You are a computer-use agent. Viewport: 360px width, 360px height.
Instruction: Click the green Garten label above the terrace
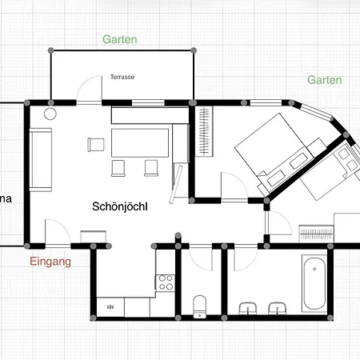(x=119, y=38)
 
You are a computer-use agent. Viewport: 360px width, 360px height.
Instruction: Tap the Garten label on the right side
(x=324, y=80)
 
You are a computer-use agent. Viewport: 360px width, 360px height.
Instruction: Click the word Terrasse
(x=122, y=78)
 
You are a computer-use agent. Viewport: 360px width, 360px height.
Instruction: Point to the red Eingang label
(x=51, y=262)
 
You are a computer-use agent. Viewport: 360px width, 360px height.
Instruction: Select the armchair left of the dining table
(x=95, y=145)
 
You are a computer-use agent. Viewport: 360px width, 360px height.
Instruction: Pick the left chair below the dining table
(x=119, y=166)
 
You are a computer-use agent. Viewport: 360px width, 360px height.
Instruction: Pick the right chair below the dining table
(x=150, y=166)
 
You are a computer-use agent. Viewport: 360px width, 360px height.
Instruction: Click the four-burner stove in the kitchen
(x=166, y=282)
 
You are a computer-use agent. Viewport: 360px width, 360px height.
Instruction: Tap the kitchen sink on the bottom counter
(x=111, y=306)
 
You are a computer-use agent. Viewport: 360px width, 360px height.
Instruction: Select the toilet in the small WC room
(x=201, y=303)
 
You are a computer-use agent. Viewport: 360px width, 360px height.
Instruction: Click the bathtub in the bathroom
(x=314, y=285)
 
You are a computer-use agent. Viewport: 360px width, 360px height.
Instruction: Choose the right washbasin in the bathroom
(x=278, y=307)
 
